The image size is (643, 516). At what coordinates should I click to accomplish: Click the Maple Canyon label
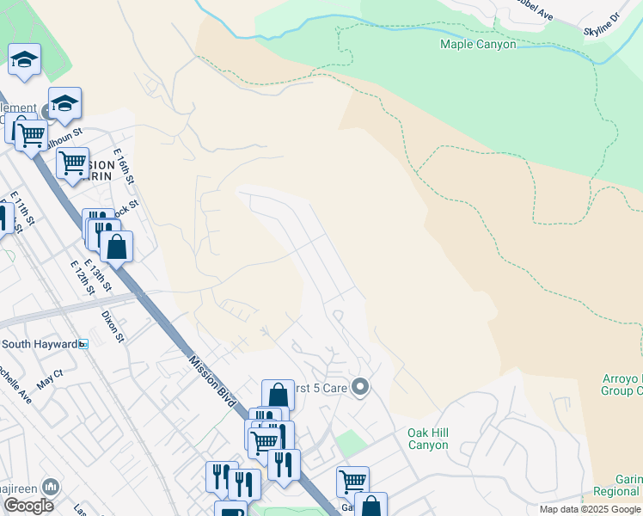478,44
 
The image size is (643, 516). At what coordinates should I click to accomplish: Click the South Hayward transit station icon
83,344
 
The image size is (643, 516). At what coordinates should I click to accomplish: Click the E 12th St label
82,277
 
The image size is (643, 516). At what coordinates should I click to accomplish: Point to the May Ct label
51,375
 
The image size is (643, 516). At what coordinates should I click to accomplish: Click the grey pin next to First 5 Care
360,388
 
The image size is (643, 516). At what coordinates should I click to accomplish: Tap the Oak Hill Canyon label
427,439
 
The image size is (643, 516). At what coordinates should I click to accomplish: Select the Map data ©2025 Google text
590,509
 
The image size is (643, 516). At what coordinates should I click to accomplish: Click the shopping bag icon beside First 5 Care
278,395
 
